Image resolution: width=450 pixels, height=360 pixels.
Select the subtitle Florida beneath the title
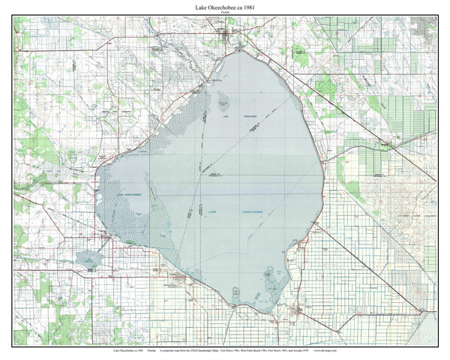[x=225, y=13]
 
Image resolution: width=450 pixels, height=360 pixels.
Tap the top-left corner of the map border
[x=13, y=17]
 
